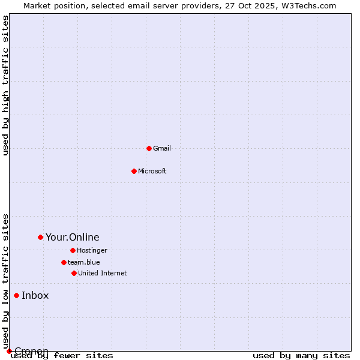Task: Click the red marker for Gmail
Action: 149,148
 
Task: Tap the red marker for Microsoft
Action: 134,171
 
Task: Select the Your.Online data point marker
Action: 40,237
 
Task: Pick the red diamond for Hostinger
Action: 73,250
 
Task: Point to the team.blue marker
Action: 64,262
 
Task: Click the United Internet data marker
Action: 74,273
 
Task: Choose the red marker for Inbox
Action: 16,295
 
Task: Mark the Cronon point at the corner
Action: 9,351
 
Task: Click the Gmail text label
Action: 162,148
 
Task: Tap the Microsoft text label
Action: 152,171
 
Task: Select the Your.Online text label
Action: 73,237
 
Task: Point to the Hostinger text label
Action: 92,250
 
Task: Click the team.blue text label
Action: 84,262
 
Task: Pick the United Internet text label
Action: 103,273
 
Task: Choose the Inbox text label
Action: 35,295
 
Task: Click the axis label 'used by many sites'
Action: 301,356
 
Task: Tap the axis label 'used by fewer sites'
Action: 62,356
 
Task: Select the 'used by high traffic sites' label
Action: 6,85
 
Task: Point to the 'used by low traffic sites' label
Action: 6,281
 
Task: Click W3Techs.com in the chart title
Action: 307,5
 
